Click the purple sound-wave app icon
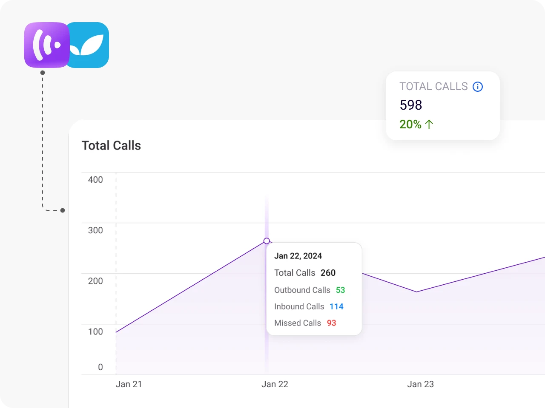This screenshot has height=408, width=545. coord(47,45)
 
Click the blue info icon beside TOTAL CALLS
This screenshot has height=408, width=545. coord(477,87)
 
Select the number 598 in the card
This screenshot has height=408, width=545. coord(411,105)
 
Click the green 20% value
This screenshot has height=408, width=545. coord(410,125)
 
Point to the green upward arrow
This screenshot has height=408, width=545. coord(429,125)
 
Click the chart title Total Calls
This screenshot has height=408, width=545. coord(111,145)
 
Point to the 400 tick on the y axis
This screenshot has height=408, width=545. coord(95,180)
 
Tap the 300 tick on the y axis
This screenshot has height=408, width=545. coord(95,230)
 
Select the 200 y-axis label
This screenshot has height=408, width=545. coord(95,281)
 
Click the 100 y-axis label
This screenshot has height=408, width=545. coord(95,331)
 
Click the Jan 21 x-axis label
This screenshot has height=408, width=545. coord(129,384)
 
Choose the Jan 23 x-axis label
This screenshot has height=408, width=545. coord(420,384)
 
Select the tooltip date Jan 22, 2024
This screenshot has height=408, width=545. coord(298,256)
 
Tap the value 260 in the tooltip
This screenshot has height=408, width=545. coord(328,273)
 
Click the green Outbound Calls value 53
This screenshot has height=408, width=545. coord(340,290)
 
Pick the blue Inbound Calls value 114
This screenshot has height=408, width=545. coord(336,307)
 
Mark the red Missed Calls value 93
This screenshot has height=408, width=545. coord(331,323)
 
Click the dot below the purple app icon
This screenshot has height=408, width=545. coord(43,73)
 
